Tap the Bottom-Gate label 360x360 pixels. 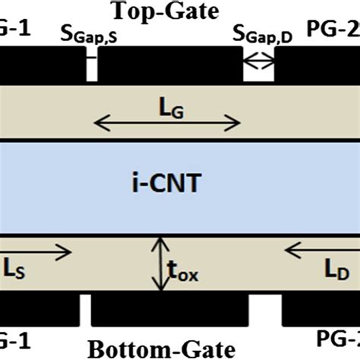[160, 349]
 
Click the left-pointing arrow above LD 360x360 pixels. [319, 248]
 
